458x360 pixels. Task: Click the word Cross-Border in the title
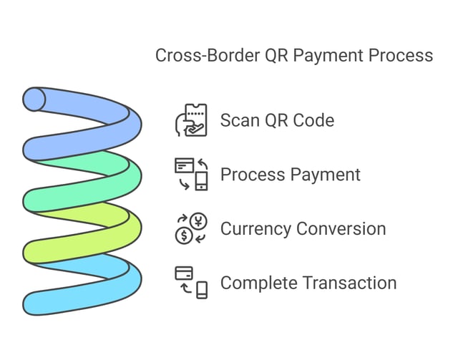click(x=202, y=55)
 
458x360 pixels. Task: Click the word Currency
click(x=256, y=228)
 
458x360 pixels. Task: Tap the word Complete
click(x=258, y=283)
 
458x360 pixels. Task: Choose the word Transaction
click(x=350, y=283)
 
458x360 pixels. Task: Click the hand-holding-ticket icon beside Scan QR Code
click(x=191, y=120)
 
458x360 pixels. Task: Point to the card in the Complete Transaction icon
click(x=184, y=273)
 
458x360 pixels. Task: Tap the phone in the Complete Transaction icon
click(x=202, y=290)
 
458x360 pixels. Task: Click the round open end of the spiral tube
click(x=34, y=99)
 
